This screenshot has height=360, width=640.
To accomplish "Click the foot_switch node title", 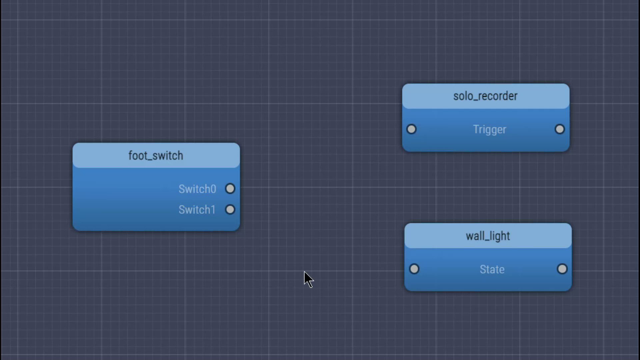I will point(156,156).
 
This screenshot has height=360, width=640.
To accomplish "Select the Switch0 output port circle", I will point(230,189).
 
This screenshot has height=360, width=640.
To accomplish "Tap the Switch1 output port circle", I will point(230,210).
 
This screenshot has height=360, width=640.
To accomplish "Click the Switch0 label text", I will point(197,189).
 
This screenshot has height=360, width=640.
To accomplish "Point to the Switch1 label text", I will point(197,210).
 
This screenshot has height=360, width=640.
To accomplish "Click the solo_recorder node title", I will point(485,96).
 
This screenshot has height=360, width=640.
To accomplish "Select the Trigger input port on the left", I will point(411,129).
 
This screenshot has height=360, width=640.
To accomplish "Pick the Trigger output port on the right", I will point(560,129).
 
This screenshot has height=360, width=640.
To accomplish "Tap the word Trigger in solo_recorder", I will point(489,129).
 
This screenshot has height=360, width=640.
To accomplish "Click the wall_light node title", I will point(488,236).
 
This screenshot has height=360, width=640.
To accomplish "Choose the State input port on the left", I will point(414,269).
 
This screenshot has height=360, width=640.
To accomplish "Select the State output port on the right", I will point(562,269).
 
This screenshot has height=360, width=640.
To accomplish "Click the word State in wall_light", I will point(492,269).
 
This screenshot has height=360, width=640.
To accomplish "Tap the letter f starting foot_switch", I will point(130,155).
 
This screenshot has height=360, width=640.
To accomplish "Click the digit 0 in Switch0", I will point(213,189).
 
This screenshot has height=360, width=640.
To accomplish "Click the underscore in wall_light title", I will point(486,240).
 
